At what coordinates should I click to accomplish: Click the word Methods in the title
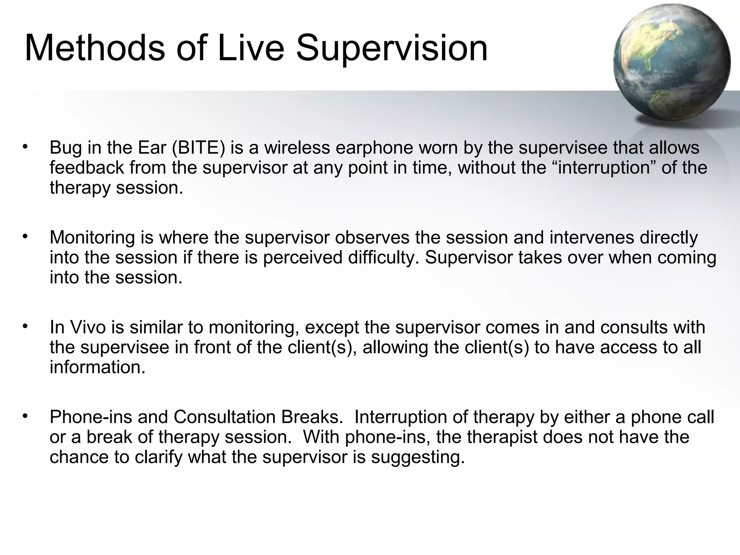click(95, 48)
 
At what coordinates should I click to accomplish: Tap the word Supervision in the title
click(392, 48)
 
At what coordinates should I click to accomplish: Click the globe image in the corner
click(671, 63)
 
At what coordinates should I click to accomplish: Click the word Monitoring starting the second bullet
click(92, 238)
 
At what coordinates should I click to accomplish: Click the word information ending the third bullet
click(97, 367)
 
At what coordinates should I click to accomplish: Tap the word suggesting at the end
click(417, 457)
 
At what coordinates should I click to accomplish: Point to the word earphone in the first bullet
click(374, 148)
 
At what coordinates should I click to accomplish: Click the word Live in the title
click(251, 48)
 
